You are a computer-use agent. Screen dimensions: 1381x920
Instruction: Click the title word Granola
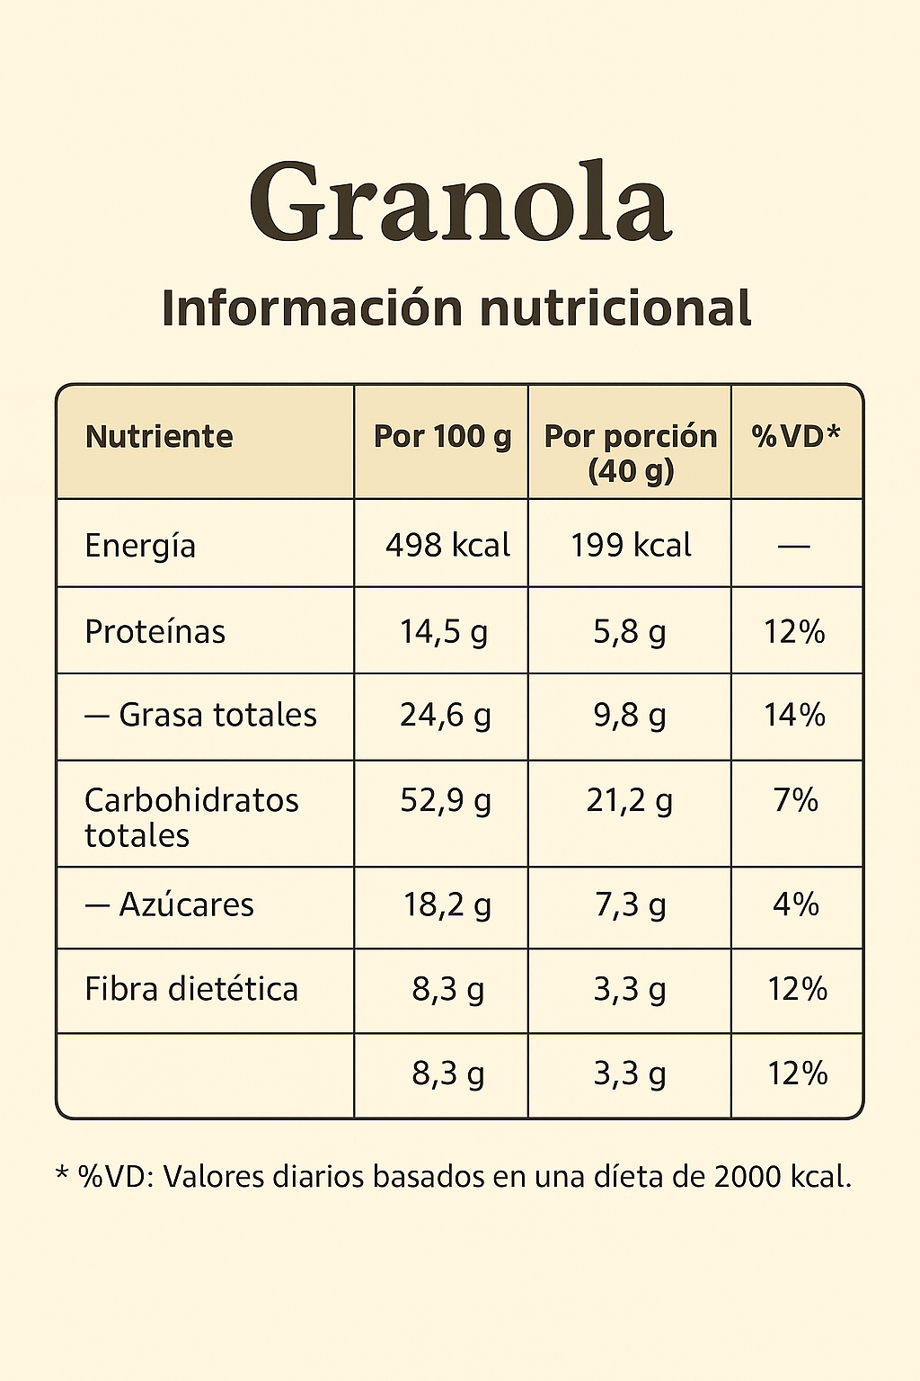pyautogui.click(x=460, y=202)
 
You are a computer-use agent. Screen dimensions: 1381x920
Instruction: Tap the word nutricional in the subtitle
pyautogui.click(x=615, y=308)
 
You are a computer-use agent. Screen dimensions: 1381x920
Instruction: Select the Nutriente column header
pyautogui.click(x=159, y=437)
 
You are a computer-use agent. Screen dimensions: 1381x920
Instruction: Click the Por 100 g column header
pyautogui.click(x=442, y=437)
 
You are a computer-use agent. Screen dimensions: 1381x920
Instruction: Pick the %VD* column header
pyautogui.click(x=796, y=437)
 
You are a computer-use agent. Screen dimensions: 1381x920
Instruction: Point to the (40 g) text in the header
pyautogui.click(x=631, y=471)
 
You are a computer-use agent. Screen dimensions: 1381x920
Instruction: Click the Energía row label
pyautogui.click(x=140, y=546)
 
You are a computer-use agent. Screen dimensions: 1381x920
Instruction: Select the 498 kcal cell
pyautogui.click(x=447, y=546)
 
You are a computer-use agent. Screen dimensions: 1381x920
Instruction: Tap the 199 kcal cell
pyautogui.click(x=631, y=546)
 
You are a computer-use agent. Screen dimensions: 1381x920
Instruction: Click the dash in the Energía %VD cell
pyautogui.click(x=794, y=546)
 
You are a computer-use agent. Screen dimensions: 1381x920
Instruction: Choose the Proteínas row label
pyautogui.click(x=155, y=632)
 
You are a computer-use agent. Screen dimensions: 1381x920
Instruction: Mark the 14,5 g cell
pyautogui.click(x=444, y=632)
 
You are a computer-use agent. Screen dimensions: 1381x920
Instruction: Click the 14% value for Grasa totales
pyautogui.click(x=794, y=716)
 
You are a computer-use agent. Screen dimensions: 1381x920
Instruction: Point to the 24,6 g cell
pyautogui.click(x=446, y=716)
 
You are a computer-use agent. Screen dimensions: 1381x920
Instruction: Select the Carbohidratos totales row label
pyautogui.click(x=190, y=817)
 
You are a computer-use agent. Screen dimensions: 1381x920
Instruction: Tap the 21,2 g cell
pyautogui.click(x=630, y=800)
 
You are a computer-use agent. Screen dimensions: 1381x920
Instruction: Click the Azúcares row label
pyautogui.click(x=186, y=904)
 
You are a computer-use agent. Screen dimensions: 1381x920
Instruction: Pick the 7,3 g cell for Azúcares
pyautogui.click(x=631, y=904)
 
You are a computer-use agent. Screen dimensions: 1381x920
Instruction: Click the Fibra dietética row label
pyautogui.click(x=190, y=989)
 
